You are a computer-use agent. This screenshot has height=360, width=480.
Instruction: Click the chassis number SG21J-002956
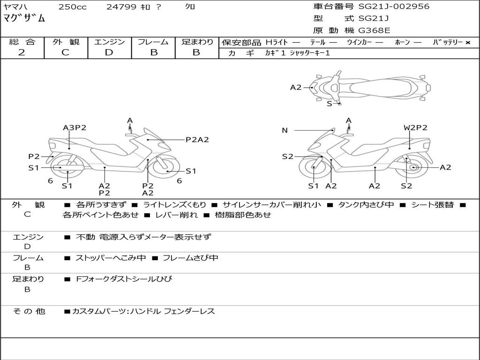(394, 7)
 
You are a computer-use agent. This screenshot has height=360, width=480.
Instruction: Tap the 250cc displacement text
(73, 7)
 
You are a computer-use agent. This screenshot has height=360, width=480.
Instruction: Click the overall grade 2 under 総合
(22, 52)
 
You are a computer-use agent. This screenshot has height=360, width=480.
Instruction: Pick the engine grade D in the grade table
(109, 52)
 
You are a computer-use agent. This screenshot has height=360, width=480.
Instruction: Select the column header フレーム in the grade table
(153, 42)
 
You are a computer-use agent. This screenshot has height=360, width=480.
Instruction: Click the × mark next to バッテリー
(467, 43)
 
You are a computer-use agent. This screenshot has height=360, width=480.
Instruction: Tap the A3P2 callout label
(75, 127)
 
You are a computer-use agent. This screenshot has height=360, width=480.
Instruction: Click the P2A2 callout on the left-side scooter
(197, 140)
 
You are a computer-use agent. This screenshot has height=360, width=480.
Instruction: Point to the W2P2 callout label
(415, 127)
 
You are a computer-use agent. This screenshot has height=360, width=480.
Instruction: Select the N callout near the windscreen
(285, 130)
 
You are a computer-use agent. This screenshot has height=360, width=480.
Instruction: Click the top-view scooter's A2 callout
(296, 88)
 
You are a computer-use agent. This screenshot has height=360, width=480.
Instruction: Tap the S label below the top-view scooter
(330, 104)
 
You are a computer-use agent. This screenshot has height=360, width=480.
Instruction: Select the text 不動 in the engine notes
(85, 237)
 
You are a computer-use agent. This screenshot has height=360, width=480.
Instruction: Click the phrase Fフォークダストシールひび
(124, 279)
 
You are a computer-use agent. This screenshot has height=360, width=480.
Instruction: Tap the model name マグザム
(24, 18)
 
